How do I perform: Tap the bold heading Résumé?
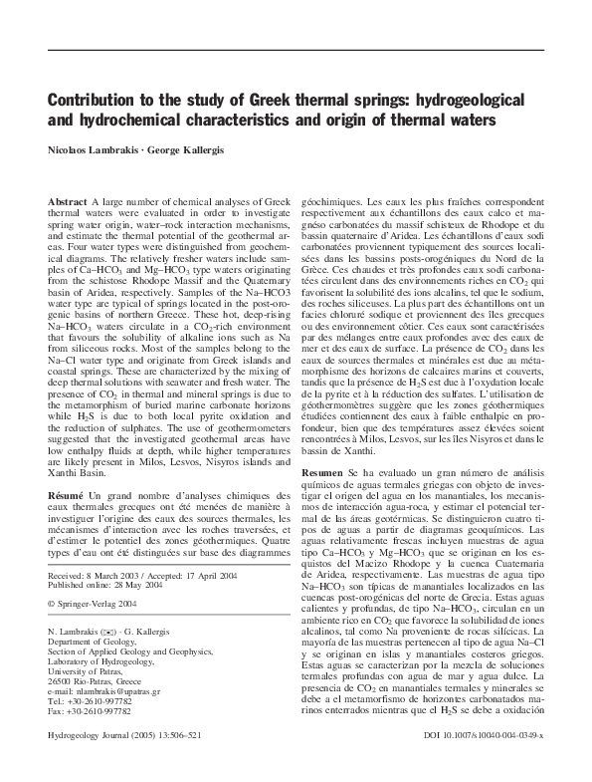tap(67, 495)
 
